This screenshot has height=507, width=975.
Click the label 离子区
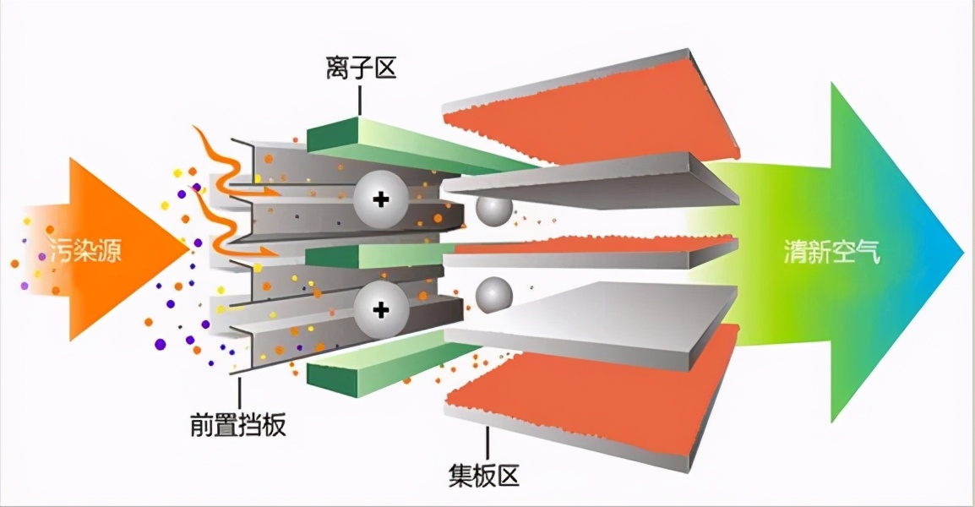(x=361, y=68)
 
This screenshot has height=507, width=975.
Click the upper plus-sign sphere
(x=380, y=200)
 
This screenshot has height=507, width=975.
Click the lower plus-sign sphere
(x=380, y=310)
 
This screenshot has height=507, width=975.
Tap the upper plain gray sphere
(x=492, y=210)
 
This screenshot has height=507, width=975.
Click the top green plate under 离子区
(x=406, y=144)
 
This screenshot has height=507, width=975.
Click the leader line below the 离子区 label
(x=361, y=100)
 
